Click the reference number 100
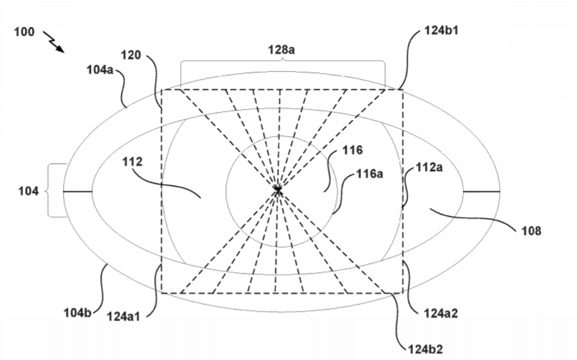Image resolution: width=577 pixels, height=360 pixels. tap(24, 31)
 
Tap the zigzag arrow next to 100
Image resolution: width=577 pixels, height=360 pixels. tap(53, 42)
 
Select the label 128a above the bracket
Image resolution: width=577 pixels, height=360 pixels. tap(281, 49)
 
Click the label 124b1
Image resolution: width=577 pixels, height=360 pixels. tap(442, 30)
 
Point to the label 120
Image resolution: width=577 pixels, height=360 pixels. tap(131, 55)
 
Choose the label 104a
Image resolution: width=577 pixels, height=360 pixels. tap(100, 70)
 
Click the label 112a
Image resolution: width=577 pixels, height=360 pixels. tap(429, 168)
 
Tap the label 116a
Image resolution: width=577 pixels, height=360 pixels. tap(370, 173)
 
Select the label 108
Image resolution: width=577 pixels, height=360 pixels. tap(532, 230)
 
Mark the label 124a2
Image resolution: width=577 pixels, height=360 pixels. tap(441, 313)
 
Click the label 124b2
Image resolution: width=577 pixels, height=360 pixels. tap(425, 349)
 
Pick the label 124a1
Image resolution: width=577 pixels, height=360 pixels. tap(124, 316)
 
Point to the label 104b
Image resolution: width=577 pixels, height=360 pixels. tap(78, 312)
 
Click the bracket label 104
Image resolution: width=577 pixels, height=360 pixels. tap(29, 191)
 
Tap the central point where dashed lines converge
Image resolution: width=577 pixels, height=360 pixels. tap(278, 190)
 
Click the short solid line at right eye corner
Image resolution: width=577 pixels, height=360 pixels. tap(481, 192)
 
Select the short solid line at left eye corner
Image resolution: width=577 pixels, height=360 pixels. tap(78, 191)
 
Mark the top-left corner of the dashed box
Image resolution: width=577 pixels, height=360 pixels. tap(162, 89)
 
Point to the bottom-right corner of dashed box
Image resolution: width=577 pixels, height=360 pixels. tap(403, 293)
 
